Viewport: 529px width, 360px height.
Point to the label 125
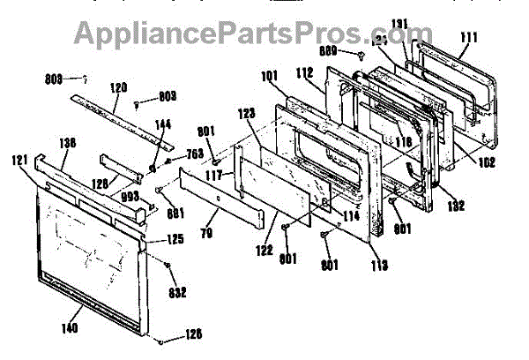tap(175, 239)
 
